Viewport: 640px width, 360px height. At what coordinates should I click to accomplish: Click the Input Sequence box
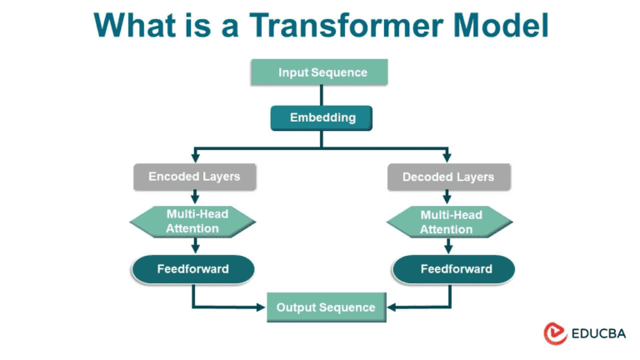322,72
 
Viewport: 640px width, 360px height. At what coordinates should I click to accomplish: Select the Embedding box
322,118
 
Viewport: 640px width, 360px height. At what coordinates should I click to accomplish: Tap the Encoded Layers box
194,177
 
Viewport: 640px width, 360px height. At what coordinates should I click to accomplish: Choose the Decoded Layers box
448,177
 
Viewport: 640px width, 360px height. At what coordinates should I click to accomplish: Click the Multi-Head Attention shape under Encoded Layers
192,222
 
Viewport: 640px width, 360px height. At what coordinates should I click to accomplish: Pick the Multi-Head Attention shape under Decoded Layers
451,222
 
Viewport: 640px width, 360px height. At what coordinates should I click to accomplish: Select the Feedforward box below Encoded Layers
192,269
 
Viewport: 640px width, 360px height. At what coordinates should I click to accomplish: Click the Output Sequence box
326,307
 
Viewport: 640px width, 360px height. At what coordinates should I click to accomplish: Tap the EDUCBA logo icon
556,333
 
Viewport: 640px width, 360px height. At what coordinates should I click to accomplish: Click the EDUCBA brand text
599,334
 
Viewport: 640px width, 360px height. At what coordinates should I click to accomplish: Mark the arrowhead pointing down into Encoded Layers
194,158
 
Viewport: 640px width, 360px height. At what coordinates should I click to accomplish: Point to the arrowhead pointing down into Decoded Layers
447,158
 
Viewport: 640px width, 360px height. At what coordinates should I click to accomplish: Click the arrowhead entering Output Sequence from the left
262,307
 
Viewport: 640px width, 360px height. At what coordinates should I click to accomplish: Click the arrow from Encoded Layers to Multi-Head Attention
194,197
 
